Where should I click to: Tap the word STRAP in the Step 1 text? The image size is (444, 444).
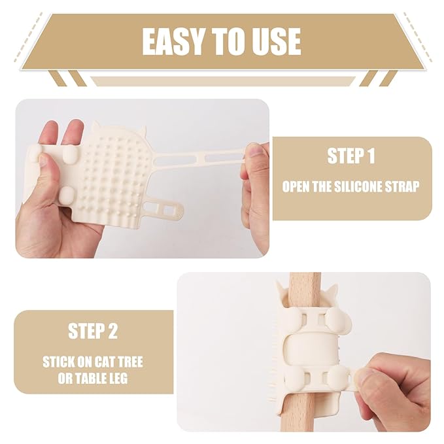pyautogui.click(x=401, y=187)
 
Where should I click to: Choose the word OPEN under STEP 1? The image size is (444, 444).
pyautogui.click(x=298, y=187)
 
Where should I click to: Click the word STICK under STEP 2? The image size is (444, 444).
pyautogui.click(x=60, y=362)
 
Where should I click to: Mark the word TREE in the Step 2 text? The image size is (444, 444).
pyautogui.click(x=131, y=362)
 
